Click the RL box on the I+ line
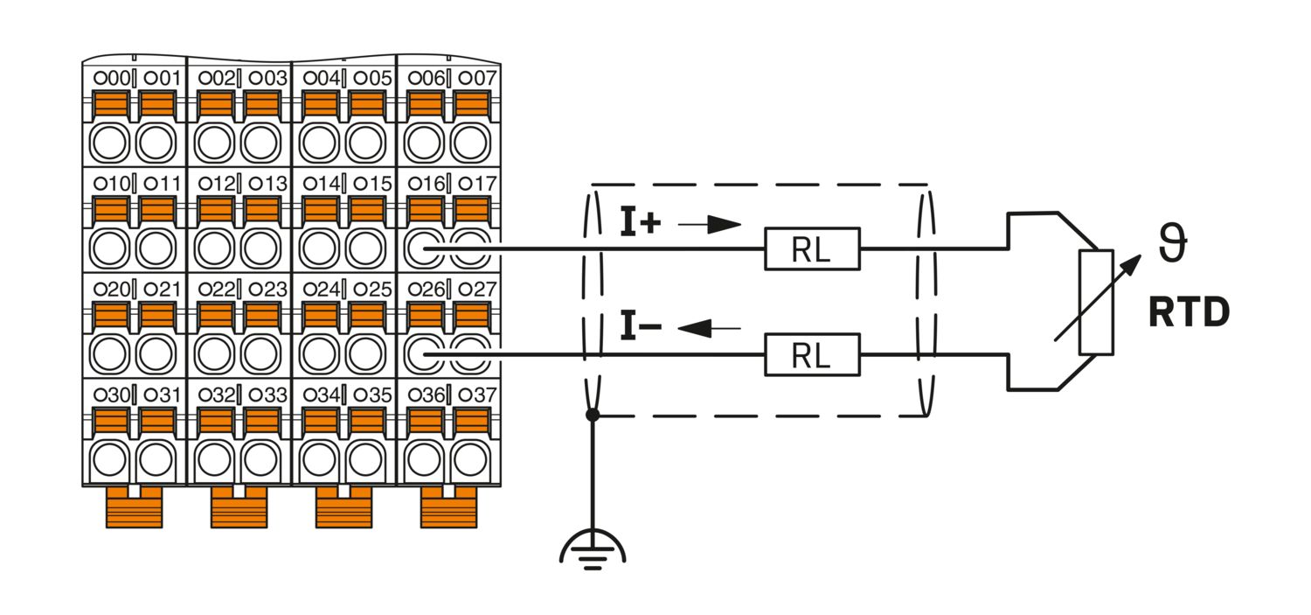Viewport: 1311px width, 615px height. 812,249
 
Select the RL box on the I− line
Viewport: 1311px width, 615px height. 812,355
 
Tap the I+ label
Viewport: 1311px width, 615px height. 641,223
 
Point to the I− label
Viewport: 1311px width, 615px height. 641,327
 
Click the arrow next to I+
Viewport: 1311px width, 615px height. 710,224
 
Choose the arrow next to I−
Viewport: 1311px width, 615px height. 710,328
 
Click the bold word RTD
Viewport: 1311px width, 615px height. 1190,312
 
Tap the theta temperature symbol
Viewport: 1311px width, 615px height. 1173,244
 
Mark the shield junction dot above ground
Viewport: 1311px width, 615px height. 593,416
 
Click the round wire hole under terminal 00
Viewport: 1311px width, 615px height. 109,143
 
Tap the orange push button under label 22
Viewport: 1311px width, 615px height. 216,315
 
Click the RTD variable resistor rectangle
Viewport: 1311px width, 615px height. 1096,302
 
